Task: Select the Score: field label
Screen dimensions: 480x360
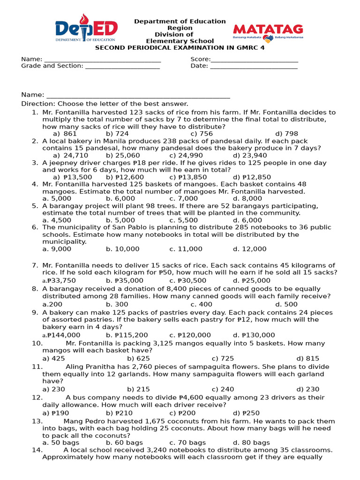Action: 200,59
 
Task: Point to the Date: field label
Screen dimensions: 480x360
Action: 199,66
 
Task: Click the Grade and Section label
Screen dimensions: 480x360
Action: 52,66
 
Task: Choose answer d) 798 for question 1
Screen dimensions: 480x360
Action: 286,134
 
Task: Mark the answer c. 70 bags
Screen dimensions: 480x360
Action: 187,442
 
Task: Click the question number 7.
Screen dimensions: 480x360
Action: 34,265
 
